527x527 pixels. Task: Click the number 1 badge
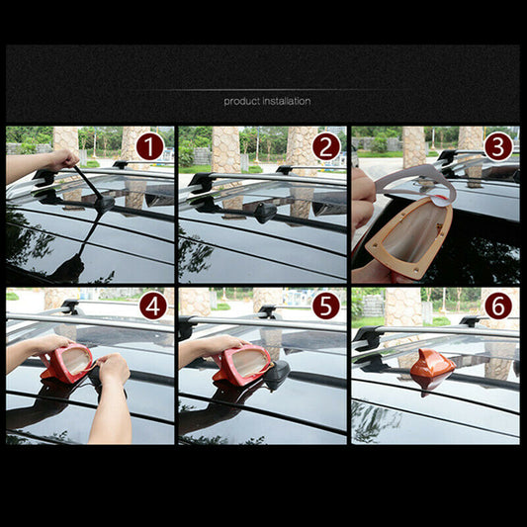pyautogui.click(x=149, y=147)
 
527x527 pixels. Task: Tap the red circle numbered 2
pyautogui.click(x=325, y=147)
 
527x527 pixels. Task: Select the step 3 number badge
pyautogui.click(x=498, y=146)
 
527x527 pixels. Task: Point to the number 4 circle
pyautogui.click(x=151, y=307)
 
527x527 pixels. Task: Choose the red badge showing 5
pyautogui.click(x=325, y=307)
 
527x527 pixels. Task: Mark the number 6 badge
pyautogui.click(x=498, y=307)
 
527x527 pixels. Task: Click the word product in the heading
pyautogui.click(x=241, y=101)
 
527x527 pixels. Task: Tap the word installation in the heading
pyautogui.click(x=286, y=101)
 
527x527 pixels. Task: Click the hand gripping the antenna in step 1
pyautogui.click(x=61, y=159)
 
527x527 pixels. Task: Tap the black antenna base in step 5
pyautogui.click(x=277, y=373)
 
